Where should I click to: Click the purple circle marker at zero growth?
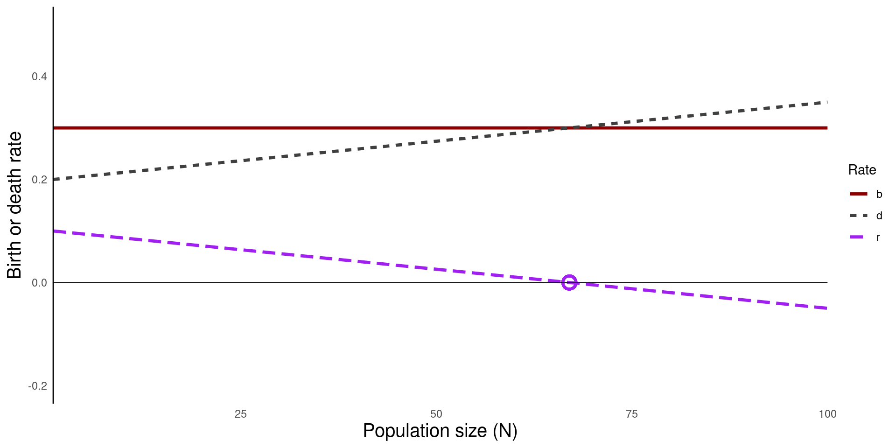pos(569,282)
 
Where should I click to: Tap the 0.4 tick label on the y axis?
pos(39,77)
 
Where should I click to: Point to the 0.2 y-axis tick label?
pos(39,180)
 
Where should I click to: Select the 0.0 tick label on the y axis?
pos(39,283)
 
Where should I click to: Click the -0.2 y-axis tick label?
pos(38,386)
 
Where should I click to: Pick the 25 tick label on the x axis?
pos(241,414)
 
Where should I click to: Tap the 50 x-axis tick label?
pos(436,414)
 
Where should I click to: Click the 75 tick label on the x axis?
pos(632,414)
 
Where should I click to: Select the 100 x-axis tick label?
pos(827,414)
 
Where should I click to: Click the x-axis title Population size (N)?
pos(440,431)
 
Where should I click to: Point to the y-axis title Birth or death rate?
pos(14,205)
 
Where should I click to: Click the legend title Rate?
pos(862,170)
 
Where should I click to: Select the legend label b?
pos(879,194)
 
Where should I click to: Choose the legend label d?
pos(879,216)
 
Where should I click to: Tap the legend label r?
pos(878,237)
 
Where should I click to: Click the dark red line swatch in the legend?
pos(859,194)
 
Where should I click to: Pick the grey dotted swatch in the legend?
pos(859,216)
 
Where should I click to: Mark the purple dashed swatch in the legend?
pos(859,237)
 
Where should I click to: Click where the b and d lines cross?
pos(569,128)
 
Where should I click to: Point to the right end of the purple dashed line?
pos(826,308)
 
